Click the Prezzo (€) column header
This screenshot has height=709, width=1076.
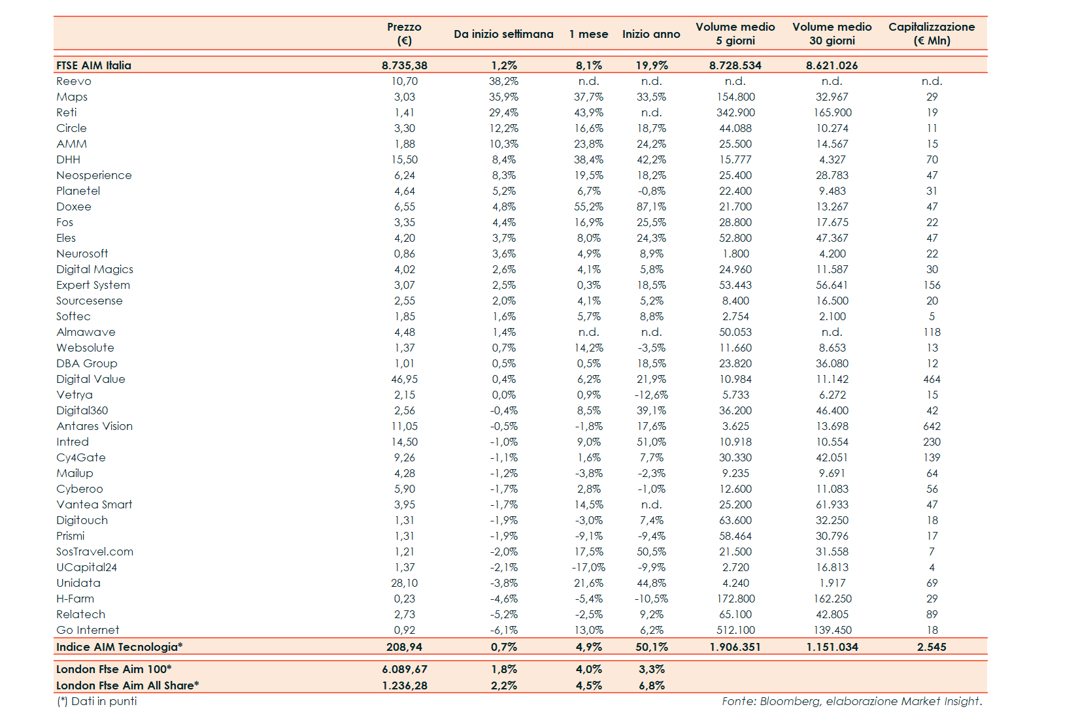(404, 33)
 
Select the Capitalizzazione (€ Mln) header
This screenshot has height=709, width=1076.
(932, 33)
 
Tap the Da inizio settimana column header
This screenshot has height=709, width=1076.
(503, 34)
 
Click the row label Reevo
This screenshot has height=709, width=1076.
(74, 81)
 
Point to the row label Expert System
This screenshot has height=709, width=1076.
(93, 285)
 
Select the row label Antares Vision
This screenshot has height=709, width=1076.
(94, 426)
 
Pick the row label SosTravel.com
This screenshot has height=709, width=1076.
(95, 552)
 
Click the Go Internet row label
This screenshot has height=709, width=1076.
(88, 630)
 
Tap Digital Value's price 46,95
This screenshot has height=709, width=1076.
(405, 379)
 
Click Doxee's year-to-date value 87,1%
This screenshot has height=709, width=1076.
(651, 206)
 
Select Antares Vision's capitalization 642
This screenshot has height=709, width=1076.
(932, 426)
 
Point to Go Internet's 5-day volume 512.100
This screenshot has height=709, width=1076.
(735, 630)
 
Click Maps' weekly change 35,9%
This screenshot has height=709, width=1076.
(503, 97)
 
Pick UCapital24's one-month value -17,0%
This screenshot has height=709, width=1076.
(588, 567)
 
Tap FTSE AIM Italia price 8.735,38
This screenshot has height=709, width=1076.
(405, 65)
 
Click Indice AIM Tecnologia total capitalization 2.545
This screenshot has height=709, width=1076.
(932, 647)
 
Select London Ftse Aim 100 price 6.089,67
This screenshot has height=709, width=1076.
(405, 669)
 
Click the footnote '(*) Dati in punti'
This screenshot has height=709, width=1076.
(97, 701)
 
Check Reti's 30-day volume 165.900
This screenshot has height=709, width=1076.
(832, 112)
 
